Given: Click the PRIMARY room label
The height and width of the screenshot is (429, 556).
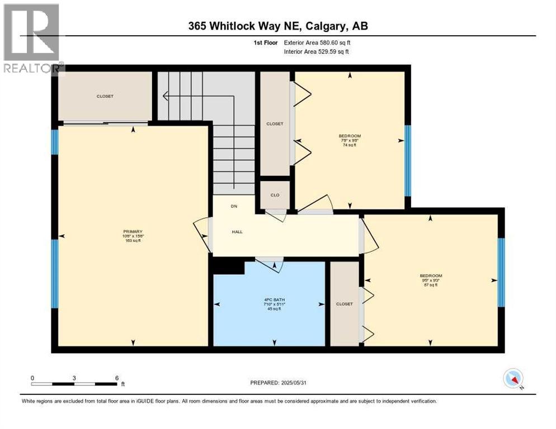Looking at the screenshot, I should [x=133, y=232].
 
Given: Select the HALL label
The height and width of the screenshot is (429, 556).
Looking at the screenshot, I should [x=237, y=232].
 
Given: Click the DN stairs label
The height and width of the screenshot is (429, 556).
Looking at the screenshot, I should [x=234, y=206].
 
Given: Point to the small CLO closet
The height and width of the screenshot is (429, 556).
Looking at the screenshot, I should [x=275, y=195].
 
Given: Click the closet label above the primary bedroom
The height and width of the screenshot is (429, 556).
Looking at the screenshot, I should [x=105, y=96].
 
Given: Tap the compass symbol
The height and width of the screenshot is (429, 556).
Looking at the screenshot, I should [x=512, y=378].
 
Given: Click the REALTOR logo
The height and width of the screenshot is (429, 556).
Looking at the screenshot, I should [x=32, y=39].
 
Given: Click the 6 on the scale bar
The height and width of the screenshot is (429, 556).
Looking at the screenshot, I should [x=116, y=378].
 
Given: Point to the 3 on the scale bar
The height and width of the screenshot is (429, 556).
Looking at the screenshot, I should [x=74, y=378].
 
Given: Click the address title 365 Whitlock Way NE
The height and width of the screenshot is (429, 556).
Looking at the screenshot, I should [x=277, y=26].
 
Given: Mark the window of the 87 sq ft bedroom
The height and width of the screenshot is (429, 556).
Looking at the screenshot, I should [x=501, y=273].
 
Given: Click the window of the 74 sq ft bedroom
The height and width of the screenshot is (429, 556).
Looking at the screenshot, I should [x=408, y=160].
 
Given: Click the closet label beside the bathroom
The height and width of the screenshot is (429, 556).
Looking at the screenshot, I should [x=345, y=304].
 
